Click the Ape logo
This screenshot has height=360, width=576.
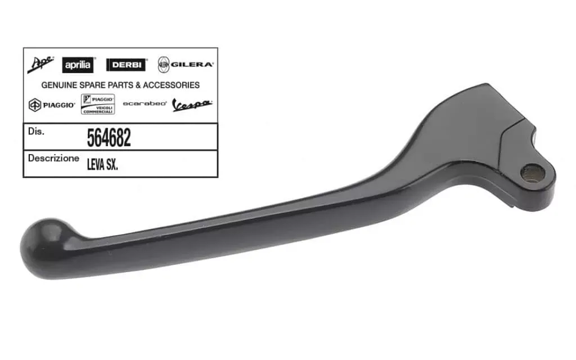click(40, 65)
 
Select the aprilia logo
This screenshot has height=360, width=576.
click(78, 65)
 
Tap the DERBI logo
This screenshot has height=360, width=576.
click(125, 65)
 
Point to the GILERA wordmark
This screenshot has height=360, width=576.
click(192, 65)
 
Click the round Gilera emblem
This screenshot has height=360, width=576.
click(163, 65)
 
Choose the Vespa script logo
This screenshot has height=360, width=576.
click(192, 105)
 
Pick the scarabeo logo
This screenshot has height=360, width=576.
click(145, 104)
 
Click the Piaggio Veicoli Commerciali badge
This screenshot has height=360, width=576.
click(98, 104)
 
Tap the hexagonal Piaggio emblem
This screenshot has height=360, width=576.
click(35, 105)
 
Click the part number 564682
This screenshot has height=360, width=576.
click(109, 138)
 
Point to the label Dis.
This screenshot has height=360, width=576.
click(35, 131)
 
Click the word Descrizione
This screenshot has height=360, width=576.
click(53, 159)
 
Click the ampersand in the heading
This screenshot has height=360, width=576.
click(138, 85)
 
